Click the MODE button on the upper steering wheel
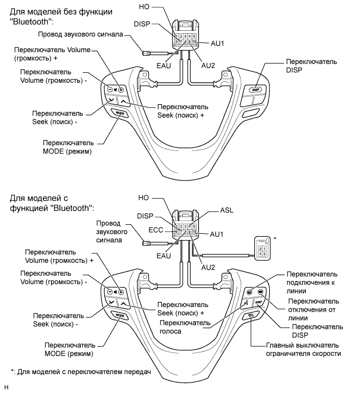(119, 112)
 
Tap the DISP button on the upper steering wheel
(256, 90)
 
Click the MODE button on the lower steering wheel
(119, 315)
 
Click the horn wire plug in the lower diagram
(147, 242)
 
